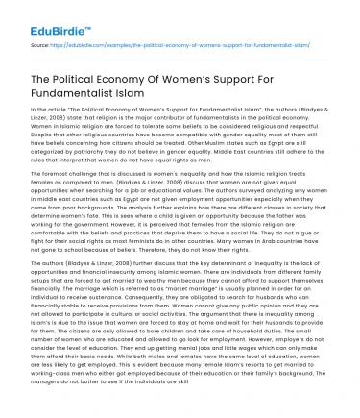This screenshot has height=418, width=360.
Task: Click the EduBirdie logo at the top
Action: (x=37, y=17)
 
